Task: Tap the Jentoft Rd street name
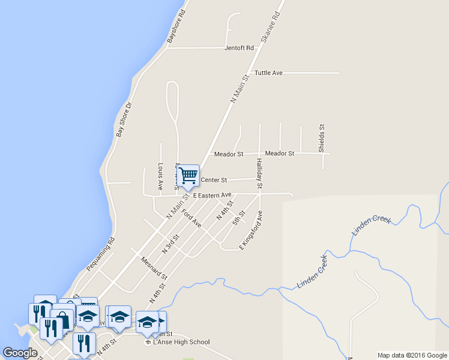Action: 240,48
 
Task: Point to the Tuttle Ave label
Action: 268,73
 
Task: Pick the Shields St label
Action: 322,138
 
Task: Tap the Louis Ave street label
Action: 160,176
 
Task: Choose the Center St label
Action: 214,179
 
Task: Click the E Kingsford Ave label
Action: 252,230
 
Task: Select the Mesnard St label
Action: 153,268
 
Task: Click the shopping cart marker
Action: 188,175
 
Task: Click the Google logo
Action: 20,353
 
